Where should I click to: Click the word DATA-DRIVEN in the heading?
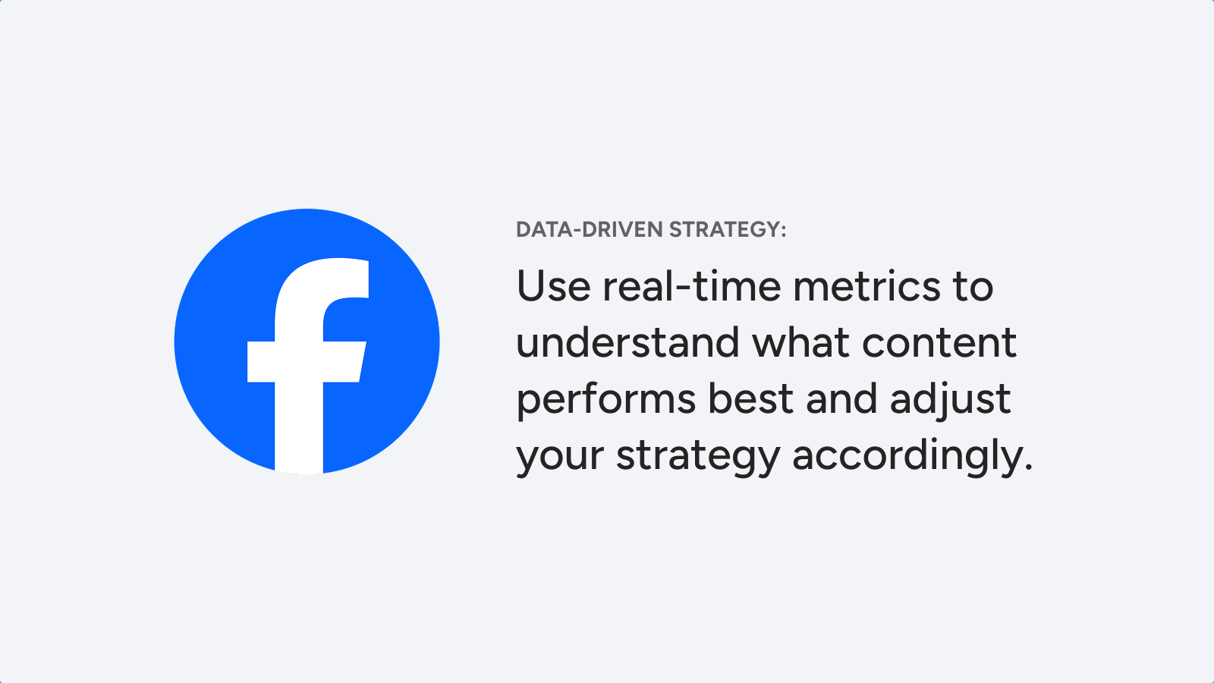pos(590,230)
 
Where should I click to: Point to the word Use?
pos(553,285)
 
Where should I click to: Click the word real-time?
pos(692,285)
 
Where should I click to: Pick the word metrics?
pos(866,285)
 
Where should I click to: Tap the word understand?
pos(627,342)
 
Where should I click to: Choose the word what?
pos(800,342)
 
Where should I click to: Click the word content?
pos(939,343)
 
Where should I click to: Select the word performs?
pos(606,399)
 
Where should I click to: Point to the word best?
pos(751,398)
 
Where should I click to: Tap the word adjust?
pos(950,399)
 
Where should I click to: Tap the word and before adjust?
pos(841,398)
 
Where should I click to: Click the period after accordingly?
pos(1029,467)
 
